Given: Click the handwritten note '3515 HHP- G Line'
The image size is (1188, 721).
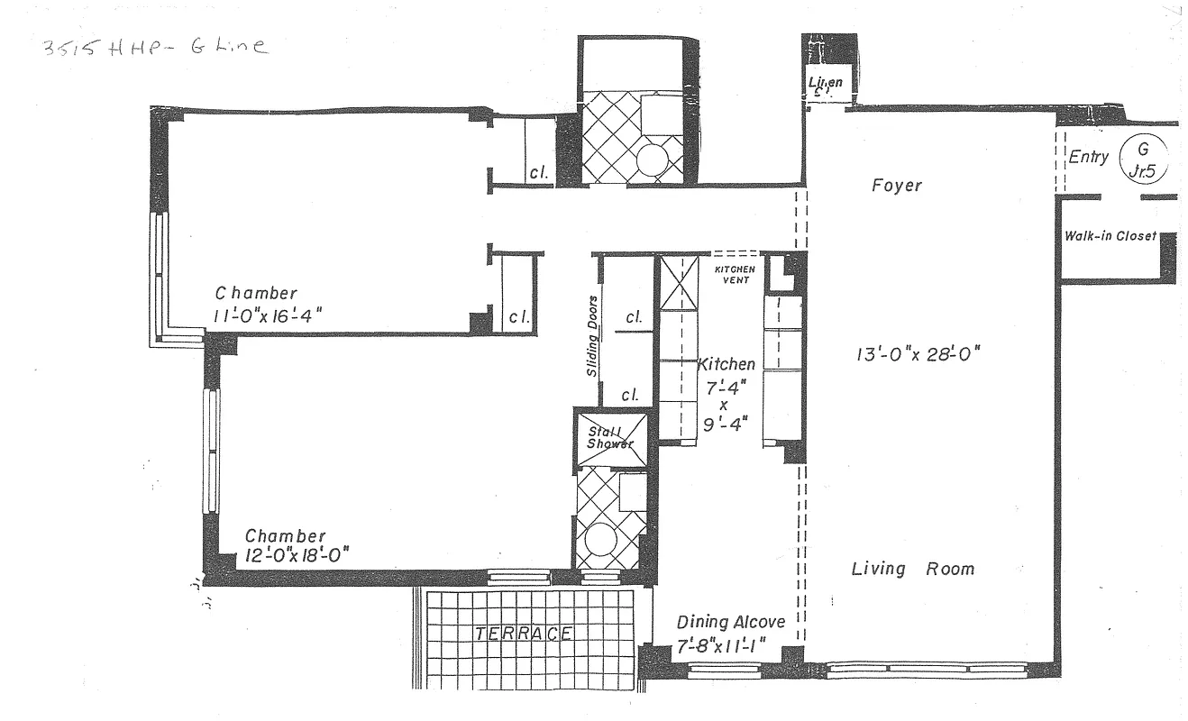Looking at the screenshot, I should point(153,47).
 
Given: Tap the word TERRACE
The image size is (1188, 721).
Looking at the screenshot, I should point(524,634).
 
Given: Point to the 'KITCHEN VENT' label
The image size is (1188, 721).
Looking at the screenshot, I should point(735,275).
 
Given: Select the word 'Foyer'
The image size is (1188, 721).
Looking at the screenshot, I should point(897,186).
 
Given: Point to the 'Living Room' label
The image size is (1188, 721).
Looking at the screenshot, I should point(913,569).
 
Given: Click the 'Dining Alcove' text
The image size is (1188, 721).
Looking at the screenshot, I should point(731,622).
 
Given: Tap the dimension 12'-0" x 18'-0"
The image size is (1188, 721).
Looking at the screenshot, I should point(297,555).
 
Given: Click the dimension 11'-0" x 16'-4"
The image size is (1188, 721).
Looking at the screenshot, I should point(268,315).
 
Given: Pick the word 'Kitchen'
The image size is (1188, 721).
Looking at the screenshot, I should point(727,364).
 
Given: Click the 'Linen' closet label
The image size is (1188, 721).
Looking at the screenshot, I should point(825,84).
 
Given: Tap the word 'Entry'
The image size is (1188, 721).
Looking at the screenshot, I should point(1088,158).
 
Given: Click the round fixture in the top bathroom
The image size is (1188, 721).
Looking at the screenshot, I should point(651,161).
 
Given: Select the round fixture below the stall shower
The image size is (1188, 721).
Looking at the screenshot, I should point(599,543).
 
